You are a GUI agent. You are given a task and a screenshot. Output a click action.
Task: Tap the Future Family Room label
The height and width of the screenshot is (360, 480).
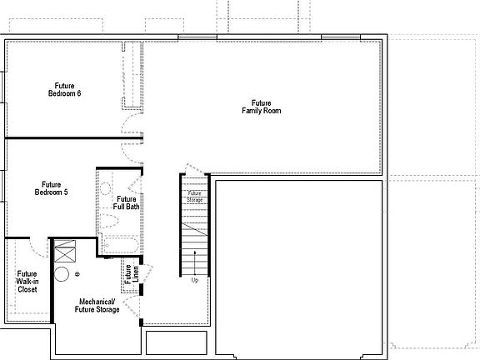261,107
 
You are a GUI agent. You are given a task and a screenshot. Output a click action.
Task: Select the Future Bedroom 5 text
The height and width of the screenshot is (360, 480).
51,188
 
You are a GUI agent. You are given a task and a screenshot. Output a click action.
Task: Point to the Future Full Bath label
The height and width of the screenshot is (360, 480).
127,202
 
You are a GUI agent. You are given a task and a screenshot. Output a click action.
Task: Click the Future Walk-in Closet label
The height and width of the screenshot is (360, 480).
27,282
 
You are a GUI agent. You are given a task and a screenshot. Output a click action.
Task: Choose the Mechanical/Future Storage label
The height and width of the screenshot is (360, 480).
99,305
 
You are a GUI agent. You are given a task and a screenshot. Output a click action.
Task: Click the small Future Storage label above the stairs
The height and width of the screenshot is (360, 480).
194,197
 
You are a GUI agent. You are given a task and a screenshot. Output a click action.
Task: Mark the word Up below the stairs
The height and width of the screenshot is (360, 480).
194,280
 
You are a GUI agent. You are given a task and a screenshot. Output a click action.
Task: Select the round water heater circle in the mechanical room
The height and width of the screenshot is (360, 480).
61,273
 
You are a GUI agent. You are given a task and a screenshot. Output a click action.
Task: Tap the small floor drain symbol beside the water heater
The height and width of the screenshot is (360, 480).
77,273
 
